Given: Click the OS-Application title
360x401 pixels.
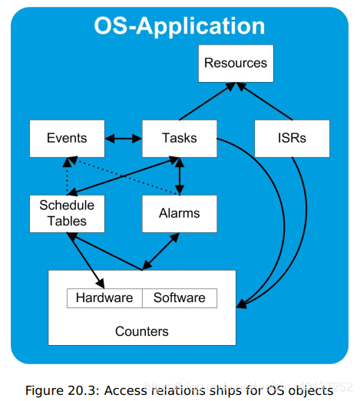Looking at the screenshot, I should tap(180, 25).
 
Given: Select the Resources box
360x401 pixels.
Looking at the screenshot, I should tap(236, 63).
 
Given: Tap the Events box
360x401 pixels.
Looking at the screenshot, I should tap(66, 138).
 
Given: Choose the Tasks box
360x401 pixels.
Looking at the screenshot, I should tap(180, 138).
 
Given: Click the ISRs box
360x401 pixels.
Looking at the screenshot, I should tap(292, 138).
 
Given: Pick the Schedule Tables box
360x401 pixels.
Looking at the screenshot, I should tap(66, 213).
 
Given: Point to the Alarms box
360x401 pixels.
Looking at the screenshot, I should tap(180, 213).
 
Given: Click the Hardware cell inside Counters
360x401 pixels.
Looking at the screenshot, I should tap(104, 297).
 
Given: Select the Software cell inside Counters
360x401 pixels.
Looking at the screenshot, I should tap(180, 297).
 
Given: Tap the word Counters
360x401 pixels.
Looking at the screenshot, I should tap(141, 331).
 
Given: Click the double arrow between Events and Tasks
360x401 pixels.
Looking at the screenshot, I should tap(123, 139).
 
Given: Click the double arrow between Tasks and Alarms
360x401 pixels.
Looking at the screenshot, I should tap(180, 176).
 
